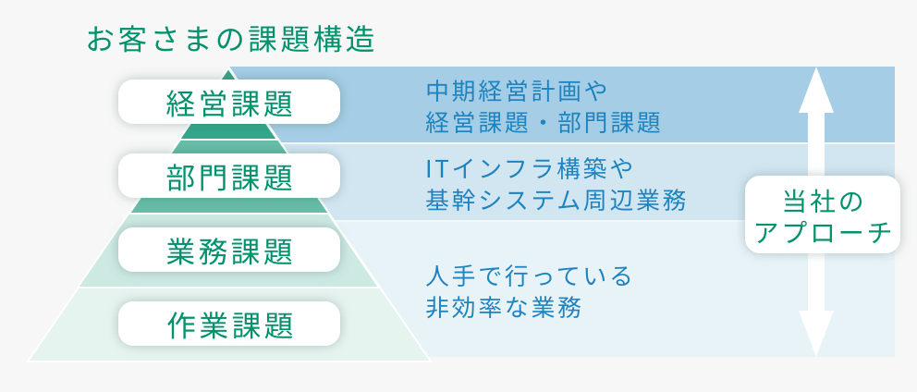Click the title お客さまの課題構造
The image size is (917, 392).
click(230, 39)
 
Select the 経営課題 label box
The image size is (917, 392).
click(229, 102)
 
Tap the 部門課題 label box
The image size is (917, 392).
click(229, 176)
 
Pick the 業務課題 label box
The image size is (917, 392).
click(229, 250)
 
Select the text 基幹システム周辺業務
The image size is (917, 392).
click(556, 199)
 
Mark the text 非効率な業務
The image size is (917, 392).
click(503, 307)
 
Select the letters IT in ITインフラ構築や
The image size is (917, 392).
click(437, 169)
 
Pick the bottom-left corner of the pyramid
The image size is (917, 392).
click(31, 359)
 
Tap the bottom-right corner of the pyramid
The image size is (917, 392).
click(429, 359)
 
